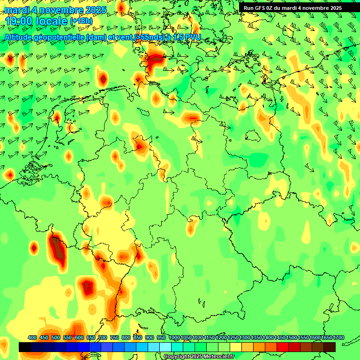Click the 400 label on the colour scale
point(32,337)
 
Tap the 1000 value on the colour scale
point(174,337)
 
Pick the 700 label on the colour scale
point(103,337)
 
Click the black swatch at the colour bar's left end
point(25,347)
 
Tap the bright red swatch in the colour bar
point(283,347)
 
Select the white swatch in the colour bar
point(165,347)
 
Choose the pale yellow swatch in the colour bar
point(236,347)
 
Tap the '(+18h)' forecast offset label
point(81,21)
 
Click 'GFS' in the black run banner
point(261,7)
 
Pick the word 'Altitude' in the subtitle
point(21,37)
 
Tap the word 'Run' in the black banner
point(248,7)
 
